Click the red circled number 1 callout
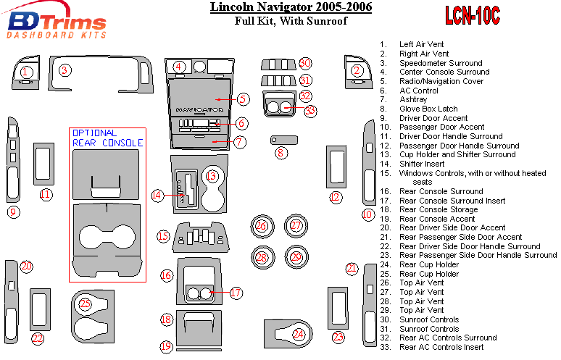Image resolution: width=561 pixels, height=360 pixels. (26, 72)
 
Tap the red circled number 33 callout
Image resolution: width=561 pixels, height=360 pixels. (311, 111)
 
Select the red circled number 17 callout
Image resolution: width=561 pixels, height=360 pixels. (236, 293)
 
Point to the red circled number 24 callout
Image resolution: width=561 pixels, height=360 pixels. (298, 334)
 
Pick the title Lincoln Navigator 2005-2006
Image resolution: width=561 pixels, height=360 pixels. (291, 8)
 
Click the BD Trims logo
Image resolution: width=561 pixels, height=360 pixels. (56, 23)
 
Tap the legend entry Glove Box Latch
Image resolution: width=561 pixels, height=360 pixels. (428, 109)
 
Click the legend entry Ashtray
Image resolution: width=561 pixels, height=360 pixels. (415, 99)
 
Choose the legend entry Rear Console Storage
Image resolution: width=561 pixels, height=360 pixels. (438, 209)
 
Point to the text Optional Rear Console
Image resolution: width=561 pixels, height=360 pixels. (107, 138)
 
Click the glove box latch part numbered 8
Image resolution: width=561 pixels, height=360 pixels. (284, 138)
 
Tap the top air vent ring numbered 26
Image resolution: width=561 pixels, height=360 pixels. (261, 227)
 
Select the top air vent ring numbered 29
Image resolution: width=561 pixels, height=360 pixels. (296, 256)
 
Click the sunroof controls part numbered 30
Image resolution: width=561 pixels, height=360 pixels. (278, 63)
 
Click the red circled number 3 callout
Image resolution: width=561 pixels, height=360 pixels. (65, 70)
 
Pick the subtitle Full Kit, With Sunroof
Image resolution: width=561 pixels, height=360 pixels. (291, 21)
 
